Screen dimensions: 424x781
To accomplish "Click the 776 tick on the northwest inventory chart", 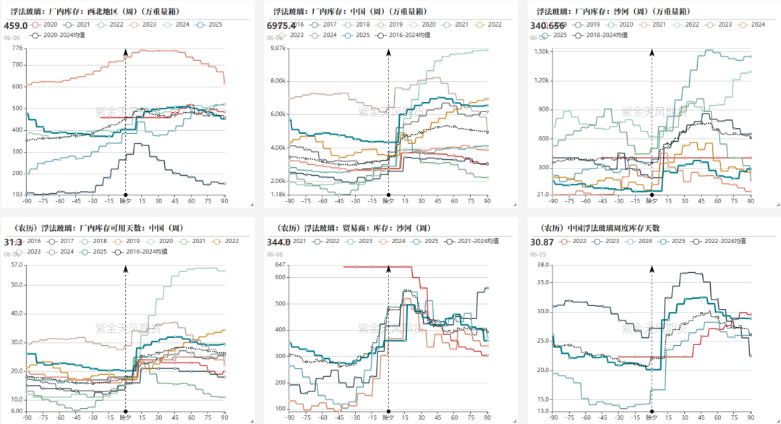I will pos(17,48).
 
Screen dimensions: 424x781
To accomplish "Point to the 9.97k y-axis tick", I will pos(278,48).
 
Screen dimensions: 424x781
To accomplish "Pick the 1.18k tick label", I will pos(278,195).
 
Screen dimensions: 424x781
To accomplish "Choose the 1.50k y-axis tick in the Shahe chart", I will pos(542,51).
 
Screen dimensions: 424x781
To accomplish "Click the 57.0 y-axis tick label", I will pos(17,265).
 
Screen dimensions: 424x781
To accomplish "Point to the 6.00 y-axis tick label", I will pos(17,412).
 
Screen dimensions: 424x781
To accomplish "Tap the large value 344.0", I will pos(278,242).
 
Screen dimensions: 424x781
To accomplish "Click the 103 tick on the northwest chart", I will pos(17,195).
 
